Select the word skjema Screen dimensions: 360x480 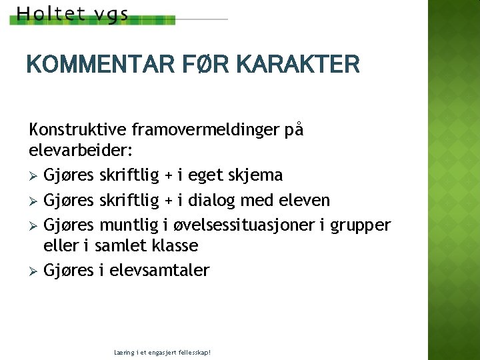[257, 175]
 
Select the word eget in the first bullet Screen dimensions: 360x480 [204, 176]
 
